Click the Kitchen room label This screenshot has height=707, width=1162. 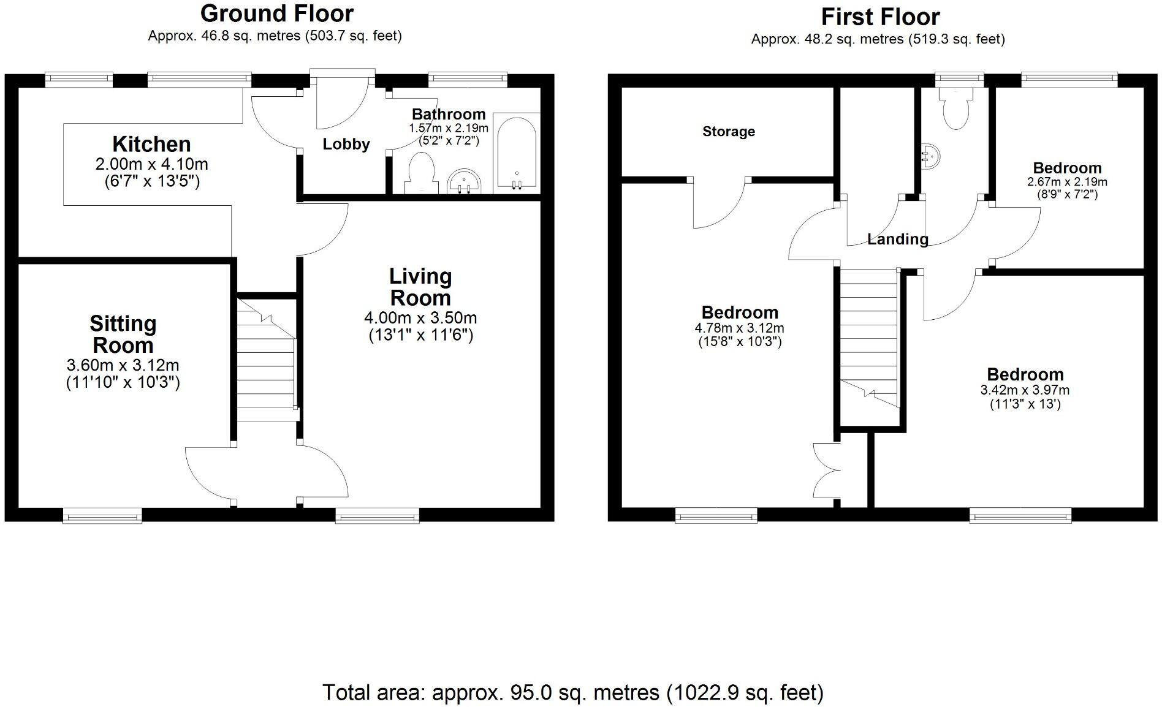[151, 145]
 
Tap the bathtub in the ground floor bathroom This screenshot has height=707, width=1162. [516, 153]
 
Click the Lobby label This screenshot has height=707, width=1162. [346, 145]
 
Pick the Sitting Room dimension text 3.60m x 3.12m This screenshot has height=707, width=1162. [123, 366]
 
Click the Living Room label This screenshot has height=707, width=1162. [420, 287]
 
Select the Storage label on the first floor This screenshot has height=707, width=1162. [728, 132]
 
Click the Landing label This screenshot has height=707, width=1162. [897, 240]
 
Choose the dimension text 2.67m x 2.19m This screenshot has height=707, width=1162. [1067, 182]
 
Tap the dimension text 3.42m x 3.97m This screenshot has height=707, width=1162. [1025, 390]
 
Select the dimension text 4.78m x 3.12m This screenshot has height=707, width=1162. [739, 328]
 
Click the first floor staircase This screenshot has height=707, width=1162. [868, 343]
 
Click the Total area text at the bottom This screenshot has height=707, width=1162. [573, 692]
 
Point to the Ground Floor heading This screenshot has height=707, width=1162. [276, 13]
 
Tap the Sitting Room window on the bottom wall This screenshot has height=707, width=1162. [102, 516]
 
